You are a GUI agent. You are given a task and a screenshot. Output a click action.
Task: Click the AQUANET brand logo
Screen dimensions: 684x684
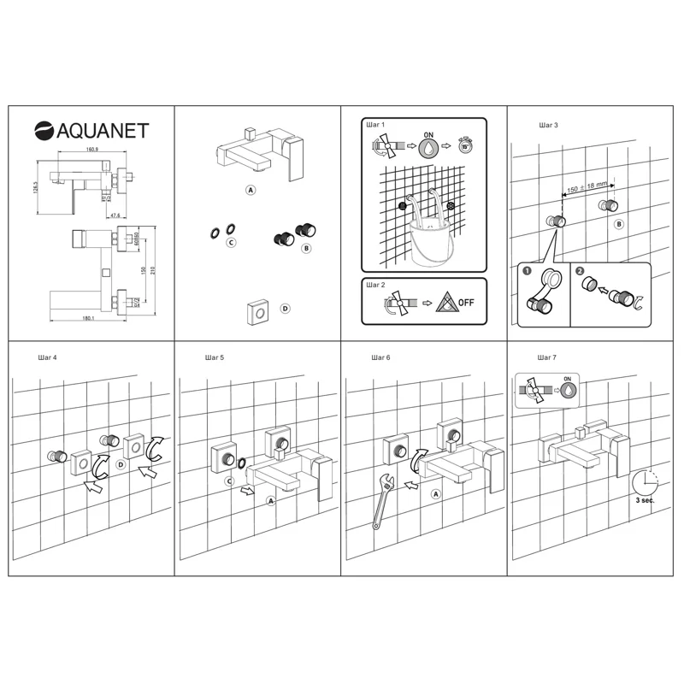click(x=91, y=130)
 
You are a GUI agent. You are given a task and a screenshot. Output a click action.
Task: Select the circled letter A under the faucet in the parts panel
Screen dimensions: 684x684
click(x=251, y=190)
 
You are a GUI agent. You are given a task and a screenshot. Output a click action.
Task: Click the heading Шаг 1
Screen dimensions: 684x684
click(x=376, y=125)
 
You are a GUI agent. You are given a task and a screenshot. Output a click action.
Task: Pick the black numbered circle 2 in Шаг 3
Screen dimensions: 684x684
click(x=581, y=271)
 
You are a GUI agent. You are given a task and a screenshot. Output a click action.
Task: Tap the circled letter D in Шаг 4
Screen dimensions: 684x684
click(x=121, y=464)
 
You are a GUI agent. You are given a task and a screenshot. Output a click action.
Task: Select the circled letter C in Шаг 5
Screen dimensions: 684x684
click(x=229, y=481)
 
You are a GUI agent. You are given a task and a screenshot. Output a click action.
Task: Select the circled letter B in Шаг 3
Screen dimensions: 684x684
click(x=619, y=223)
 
